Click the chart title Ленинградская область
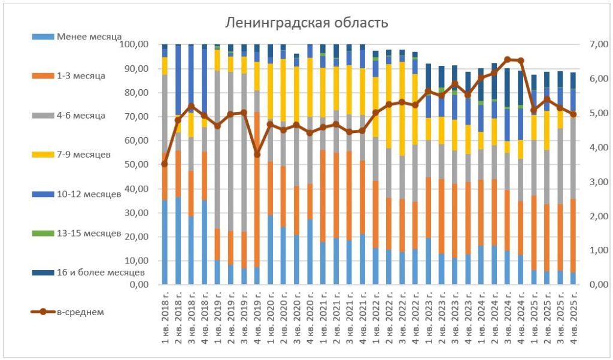point(306,23)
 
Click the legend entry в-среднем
point(83,311)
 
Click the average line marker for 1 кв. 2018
point(165,164)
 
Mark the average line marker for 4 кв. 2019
point(257,154)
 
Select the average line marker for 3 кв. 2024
point(508,60)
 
